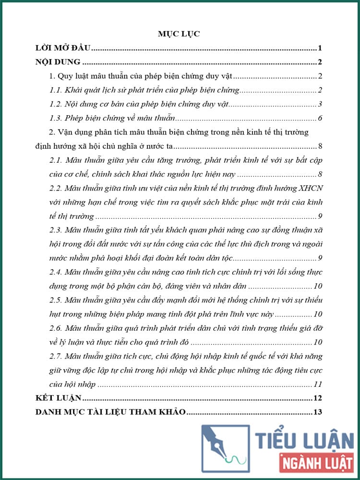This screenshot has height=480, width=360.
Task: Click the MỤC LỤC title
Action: tap(179, 34)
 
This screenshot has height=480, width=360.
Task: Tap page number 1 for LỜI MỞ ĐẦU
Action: tap(320, 48)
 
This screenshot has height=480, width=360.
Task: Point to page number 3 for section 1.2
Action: tap(320, 104)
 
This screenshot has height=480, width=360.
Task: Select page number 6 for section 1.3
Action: tap(320, 118)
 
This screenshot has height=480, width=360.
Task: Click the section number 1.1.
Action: tap(57, 90)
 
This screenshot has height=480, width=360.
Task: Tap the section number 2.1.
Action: tap(57, 160)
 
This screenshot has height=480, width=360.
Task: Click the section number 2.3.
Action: tap(57, 230)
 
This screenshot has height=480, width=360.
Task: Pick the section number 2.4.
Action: tap(57, 273)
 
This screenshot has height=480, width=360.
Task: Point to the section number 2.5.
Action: tap(57, 301)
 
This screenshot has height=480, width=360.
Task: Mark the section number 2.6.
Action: tap(57, 329)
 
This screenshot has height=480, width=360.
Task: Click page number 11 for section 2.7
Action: tap(317, 384)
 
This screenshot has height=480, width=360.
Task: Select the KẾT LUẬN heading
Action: tap(59, 398)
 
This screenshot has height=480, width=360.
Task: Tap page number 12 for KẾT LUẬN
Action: tap(317, 398)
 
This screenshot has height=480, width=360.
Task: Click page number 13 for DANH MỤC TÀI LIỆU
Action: tap(317, 412)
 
